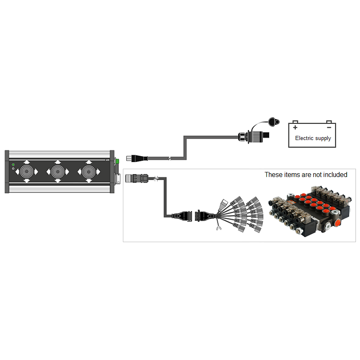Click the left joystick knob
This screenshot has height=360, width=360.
(x=27, y=171)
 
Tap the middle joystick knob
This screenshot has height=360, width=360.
(x=58, y=171)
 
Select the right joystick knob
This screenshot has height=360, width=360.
(x=89, y=171)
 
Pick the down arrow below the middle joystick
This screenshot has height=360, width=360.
(x=58, y=181)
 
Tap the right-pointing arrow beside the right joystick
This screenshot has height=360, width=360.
(x=99, y=171)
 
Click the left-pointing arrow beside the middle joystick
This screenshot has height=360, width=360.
(x=48, y=171)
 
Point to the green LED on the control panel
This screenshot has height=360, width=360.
(x=13, y=164)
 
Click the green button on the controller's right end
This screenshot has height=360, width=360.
(x=117, y=161)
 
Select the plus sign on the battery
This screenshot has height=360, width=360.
(x=296, y=127)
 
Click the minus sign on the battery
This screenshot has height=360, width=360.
(x=328, y=127)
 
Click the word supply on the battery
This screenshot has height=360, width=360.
(x=323, y=139)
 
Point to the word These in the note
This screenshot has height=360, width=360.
(x=272, y=175)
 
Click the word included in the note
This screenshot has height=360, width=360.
(x=335, y=175)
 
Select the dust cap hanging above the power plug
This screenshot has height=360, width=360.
(x=271, y=121)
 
